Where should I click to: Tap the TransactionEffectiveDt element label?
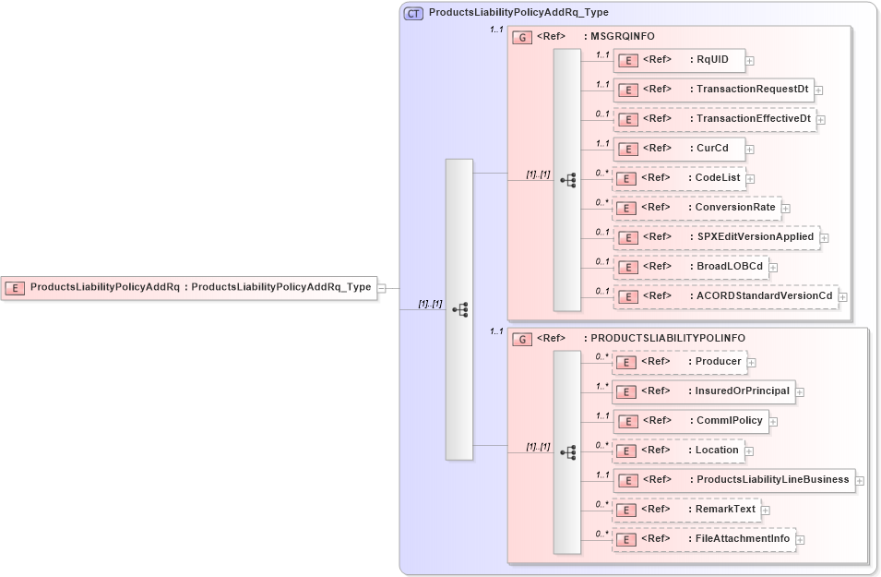pyautogui.click(x=753, y=118)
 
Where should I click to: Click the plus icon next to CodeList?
pyautogui.click(x=750, y=179)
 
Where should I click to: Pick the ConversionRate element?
pyautogui.click(x=696, y=208)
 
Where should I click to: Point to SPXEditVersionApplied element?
pyautogui.click(x=716, y=237)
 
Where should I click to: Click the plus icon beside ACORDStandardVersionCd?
pyautogui.click(x=842, y=297)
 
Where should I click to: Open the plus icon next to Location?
pyautogui.click(x=749, y=451)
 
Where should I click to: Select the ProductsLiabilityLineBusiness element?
pyautogui.click(x=733, y=480)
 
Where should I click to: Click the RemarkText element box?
pyautogui.click(x=686, y=510)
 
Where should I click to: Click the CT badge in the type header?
pyautogui.click(x=414, y=13)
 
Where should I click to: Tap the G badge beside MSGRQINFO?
pyautogui.click(x=522, y=37)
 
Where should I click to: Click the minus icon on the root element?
pyautogui.click(x=382, y=287)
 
